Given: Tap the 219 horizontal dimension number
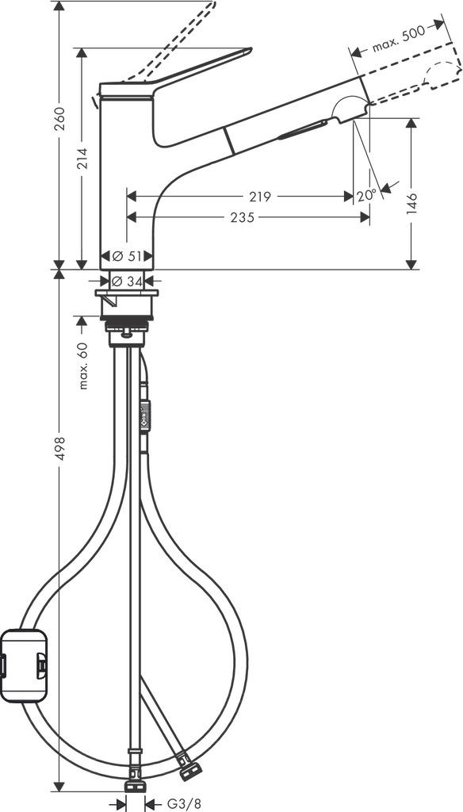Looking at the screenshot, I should point(259,196).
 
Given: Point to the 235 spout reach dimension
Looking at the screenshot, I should point(243,217).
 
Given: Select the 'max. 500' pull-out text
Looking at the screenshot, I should point(397,40).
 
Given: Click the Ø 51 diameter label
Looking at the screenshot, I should point(125,257).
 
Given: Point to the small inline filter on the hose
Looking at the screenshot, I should point(145,413).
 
